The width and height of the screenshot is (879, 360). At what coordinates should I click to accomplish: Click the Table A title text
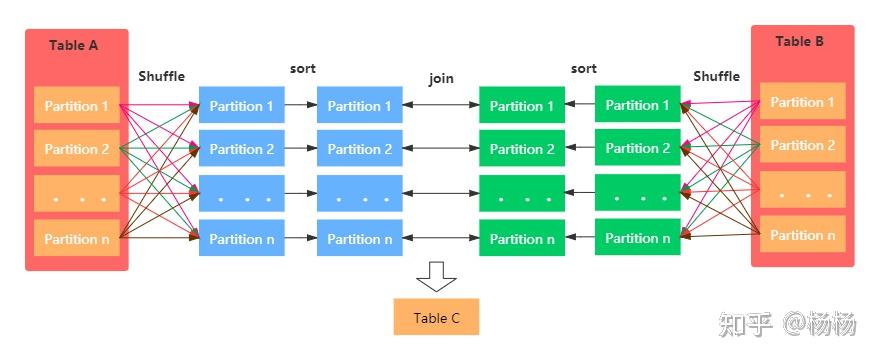point(74,46)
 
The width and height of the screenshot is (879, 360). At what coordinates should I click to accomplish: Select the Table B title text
point(800,42)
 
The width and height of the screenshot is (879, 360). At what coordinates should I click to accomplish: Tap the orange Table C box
point(436,318)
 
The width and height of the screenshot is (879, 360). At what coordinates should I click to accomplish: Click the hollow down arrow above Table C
point(436,276)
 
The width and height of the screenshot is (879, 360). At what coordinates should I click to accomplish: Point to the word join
point(441,77)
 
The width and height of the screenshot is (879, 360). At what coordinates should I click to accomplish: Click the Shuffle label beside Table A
point(162,77)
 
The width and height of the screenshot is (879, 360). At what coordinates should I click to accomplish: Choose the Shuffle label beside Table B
point(716,77)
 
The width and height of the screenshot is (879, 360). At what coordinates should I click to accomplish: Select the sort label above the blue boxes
point(303,69)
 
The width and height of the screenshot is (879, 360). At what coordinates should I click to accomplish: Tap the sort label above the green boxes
point(583,69)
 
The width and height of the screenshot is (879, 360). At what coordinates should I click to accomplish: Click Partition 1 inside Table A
point(76,106)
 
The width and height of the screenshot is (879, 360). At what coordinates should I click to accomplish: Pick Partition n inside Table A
point(76,238)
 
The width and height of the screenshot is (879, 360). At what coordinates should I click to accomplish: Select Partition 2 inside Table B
point(802,145)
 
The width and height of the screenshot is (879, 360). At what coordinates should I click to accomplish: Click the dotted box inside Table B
point(802,190)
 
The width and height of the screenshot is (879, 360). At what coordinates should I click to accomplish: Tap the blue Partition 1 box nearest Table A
point(241,106)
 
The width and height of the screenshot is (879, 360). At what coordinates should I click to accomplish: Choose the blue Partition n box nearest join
point(359,239)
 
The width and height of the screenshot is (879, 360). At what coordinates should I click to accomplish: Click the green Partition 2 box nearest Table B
point(637,148)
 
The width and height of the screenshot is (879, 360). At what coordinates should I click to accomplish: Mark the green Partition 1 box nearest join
point(521,106)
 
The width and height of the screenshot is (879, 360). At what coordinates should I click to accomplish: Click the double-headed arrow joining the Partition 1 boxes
point(441,105)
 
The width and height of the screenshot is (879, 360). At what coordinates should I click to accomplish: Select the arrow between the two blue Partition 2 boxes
point(300,149)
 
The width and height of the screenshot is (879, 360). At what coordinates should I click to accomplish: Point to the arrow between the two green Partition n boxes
point(580,239)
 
